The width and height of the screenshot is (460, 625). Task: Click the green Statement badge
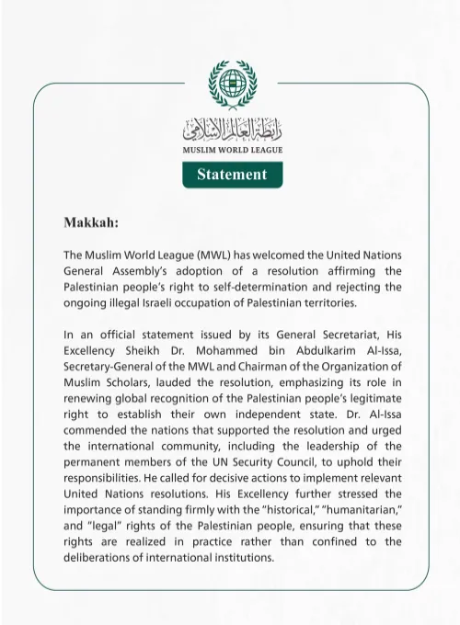[x=232, y=174]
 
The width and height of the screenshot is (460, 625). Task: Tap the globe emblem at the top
[x=232, y=84]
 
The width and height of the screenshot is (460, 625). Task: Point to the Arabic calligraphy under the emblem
[x=232, y=130]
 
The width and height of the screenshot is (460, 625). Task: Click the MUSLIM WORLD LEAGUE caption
[x=232, y=149]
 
